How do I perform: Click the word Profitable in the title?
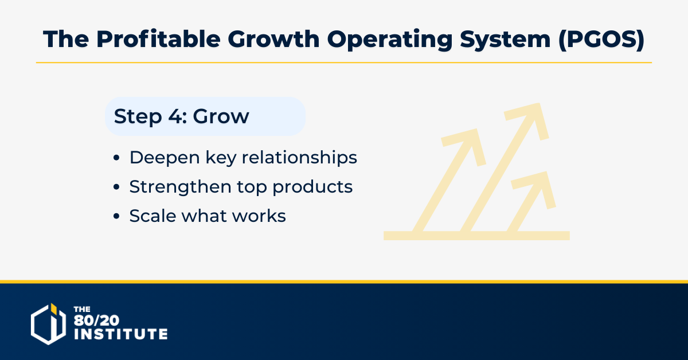(x=158, y=40)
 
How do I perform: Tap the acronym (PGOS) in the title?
(x=601, y=40)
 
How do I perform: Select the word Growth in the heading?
(x=273, y=39)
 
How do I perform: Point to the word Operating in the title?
(x=389, y=40)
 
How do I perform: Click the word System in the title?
(x=505, y=40)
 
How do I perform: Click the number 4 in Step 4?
(x=175, y=116)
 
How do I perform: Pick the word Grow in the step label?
(x=221, y=117)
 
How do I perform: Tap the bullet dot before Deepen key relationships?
(x=116, y=158)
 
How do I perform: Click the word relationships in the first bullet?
(x=299, y=158)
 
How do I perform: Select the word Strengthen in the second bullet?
(x=180, y=187)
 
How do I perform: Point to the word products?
(x=312, y=187)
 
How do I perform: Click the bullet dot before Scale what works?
(x=116, y=216)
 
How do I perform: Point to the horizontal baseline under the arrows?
(x=476, y=236)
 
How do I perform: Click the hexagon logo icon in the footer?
(x=48, y=324)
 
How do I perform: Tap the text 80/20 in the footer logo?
(x=96, y=320)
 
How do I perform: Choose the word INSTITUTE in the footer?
(x=121, y=334)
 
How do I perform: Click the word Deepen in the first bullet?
(x=165, y=158)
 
